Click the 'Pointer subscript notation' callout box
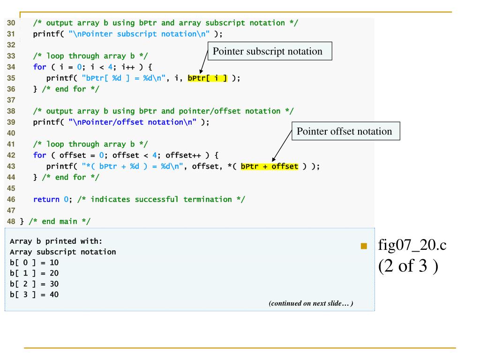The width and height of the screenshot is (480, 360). (x=268, y=52)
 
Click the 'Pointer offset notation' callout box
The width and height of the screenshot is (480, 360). (x=346, y=131)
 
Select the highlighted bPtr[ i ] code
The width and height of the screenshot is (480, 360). (x=207, y=78)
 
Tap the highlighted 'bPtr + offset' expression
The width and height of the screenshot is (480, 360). (x=269, y=166)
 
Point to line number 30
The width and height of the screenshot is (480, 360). (x=11, y=23)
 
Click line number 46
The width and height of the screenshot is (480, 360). (x=11, y=199)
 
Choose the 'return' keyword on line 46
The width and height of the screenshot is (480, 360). (x=46, y=199)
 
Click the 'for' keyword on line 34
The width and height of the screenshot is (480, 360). (x=39, y=67)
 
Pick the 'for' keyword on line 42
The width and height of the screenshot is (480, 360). (x=39, y=155)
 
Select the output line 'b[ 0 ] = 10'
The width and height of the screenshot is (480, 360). (x=34, y=262)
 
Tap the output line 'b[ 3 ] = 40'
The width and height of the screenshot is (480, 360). (x=34, y=295)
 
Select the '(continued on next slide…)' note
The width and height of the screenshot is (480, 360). (x=311, y=303)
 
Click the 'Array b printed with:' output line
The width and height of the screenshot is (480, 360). (x=56, y=242)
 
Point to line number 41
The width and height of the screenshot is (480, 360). (x=11, y=144)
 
